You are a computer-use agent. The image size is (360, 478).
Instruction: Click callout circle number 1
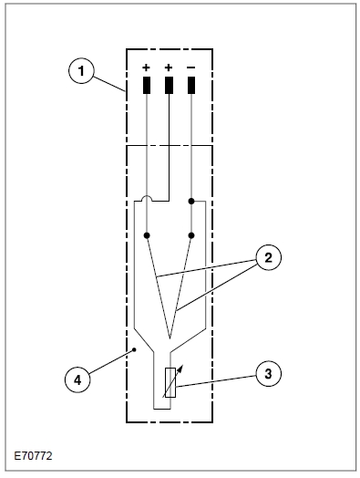(81, 71)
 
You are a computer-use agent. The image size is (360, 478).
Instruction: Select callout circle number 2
(268, 258)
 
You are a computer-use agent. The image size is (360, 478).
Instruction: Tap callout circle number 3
(268, 374)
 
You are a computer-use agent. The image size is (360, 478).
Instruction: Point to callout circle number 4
(77, 379)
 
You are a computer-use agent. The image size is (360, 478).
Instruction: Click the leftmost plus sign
(147, 68)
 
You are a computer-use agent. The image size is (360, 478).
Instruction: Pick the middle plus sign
(169, 68)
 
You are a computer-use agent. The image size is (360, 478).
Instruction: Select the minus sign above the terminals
(191, 68)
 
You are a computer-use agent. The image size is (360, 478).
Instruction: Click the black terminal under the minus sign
(191, 85)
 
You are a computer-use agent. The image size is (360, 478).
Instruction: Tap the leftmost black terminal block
(147, 85)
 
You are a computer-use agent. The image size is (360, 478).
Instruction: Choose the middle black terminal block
(169, 85)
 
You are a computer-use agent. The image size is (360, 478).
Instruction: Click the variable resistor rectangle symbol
(170, 382)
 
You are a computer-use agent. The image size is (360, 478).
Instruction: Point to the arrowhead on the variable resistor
(180, 369)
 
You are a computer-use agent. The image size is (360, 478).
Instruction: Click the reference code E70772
(33, 456)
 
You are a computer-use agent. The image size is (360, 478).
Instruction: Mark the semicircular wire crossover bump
(147, 198)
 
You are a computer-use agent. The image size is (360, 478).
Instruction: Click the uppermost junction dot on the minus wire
(191, 202)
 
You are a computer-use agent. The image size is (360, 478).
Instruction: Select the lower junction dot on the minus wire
(191, 235)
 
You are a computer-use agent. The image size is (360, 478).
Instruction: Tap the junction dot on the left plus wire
(147, 235)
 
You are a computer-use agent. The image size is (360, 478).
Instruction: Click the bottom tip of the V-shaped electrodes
(170, 338)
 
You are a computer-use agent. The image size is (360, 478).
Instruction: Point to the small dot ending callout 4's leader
(135, 349)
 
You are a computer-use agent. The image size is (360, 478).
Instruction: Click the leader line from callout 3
(215, 381)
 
